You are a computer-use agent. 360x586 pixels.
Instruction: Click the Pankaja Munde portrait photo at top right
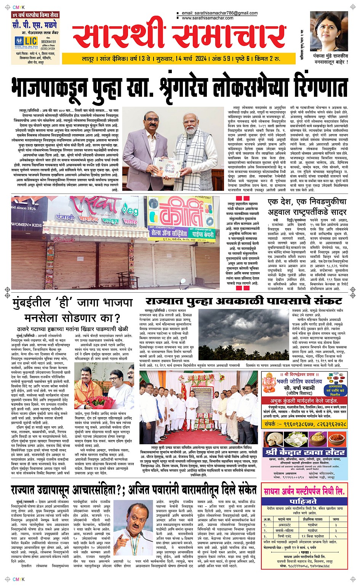[x=329, y=32]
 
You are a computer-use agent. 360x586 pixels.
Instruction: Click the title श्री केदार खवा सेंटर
[x=306, y=452]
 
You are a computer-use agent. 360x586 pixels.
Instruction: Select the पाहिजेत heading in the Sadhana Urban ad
[x=303, y=501]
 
